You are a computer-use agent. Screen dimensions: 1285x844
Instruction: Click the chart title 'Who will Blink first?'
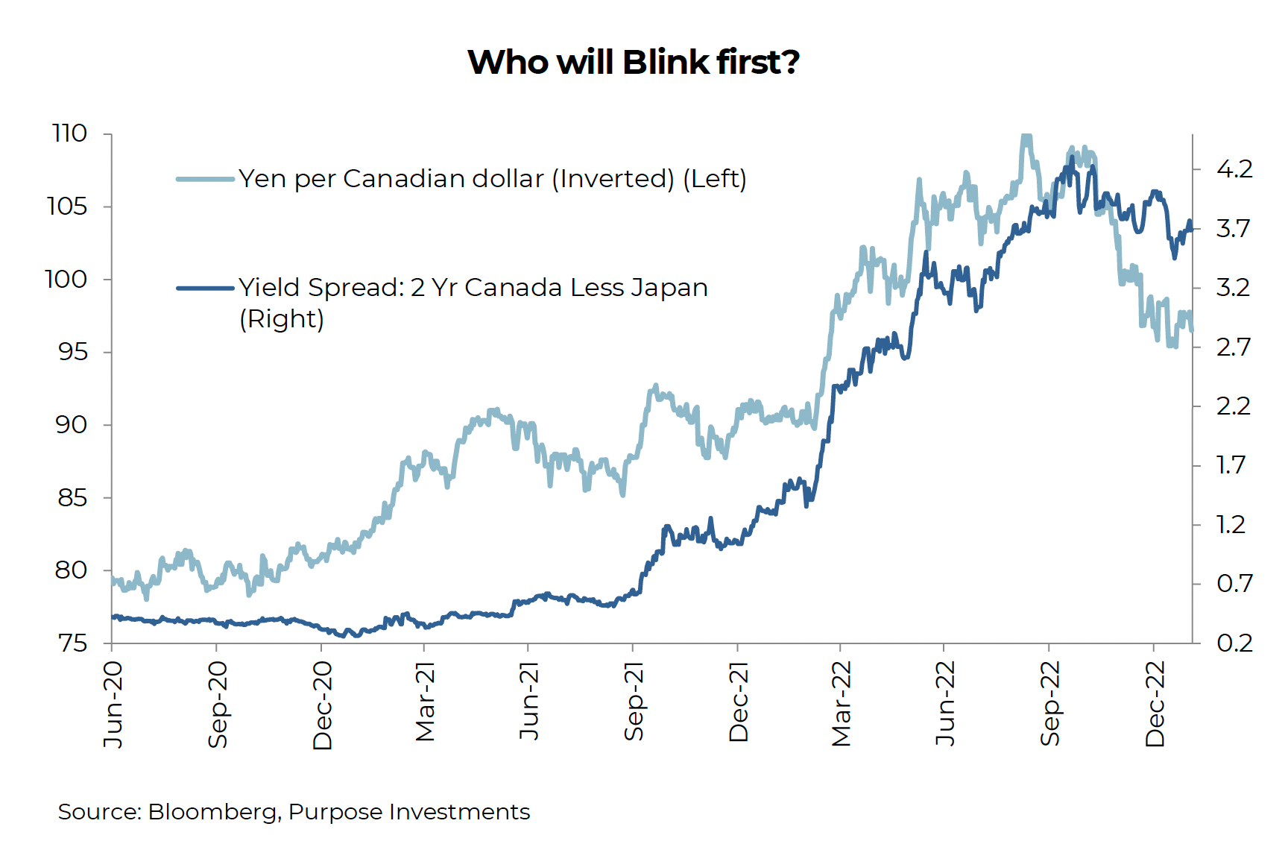634,62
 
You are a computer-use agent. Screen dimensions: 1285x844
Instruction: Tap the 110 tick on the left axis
69,133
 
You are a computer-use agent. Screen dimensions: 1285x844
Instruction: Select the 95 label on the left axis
72,352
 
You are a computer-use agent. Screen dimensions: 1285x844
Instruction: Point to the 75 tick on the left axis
72,643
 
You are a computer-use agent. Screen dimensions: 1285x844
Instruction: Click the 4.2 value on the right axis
1234,169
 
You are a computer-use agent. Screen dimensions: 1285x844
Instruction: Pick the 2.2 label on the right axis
1234,406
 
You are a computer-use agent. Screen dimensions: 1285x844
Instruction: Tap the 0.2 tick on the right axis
1234,643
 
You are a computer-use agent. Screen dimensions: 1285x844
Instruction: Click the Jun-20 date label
113,705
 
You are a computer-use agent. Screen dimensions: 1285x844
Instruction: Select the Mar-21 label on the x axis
425,702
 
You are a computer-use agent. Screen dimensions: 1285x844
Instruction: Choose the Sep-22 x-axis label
1050,704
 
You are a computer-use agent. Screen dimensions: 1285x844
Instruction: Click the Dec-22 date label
1155,704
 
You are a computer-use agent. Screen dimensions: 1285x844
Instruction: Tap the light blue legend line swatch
205,179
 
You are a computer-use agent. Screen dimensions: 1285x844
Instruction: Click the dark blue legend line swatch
205,288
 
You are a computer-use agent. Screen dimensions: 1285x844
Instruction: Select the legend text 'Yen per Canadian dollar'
391,179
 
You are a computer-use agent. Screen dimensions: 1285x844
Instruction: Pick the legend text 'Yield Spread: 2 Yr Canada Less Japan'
473,288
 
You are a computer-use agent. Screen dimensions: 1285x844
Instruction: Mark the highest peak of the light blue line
1026,136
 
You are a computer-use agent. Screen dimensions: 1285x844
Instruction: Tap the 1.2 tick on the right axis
1231,525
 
